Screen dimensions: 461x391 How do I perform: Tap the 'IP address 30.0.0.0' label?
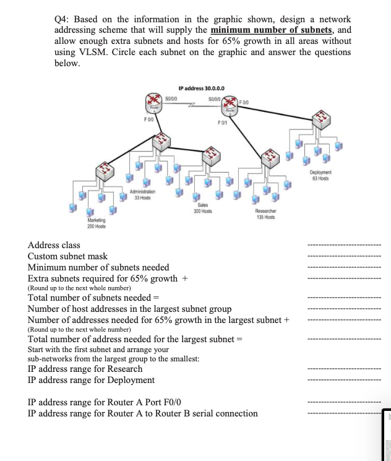pyautogui.click(x=201, y=88)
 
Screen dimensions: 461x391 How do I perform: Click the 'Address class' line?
pyautogui.click(x=54, y=246)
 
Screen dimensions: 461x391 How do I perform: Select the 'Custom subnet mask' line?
pyautogui.click(x=67, y=256)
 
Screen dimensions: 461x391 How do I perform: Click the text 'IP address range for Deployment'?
pyautogui.click(x=92, y=379)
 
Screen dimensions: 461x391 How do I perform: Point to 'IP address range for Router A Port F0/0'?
pyautogui.click(x=105, y=402)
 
